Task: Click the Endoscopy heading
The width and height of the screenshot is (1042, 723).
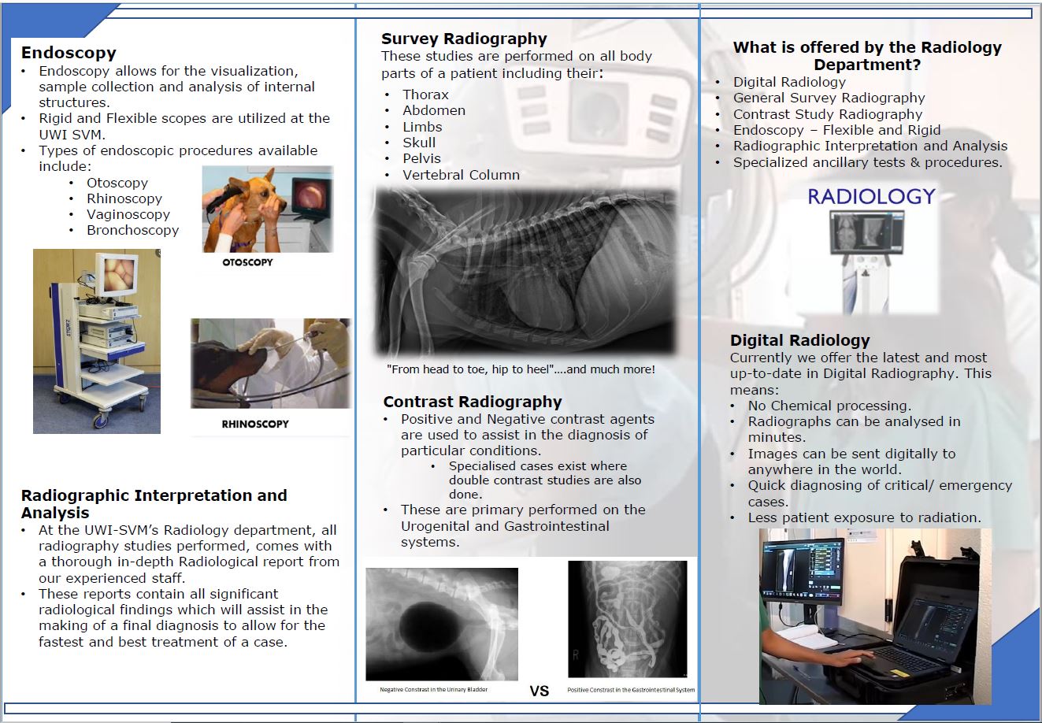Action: coord(69,53)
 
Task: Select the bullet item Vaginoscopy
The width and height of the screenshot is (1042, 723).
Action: coord(128,214)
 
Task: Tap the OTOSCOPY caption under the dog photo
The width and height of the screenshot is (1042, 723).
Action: coord(247,262)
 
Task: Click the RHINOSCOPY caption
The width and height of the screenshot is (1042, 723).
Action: coord(254,424)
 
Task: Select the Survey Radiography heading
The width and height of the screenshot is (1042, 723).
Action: coord(464,39)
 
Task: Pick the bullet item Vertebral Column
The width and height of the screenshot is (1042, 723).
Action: coord(461,175)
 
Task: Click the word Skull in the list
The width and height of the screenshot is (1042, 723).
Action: coord(419,143)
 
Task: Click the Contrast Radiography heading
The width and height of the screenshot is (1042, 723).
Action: coord(473,402)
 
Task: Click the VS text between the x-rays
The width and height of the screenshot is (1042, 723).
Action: coord(539,691)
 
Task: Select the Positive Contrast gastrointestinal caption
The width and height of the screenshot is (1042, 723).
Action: coord(631,690)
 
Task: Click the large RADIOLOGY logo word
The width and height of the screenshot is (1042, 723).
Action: coord(871,196)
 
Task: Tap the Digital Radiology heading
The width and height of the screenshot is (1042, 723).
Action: coord(799,340)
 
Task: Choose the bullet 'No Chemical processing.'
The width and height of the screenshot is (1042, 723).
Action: coord(829,406)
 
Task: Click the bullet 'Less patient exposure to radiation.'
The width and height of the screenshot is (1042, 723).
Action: coord(864,517)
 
